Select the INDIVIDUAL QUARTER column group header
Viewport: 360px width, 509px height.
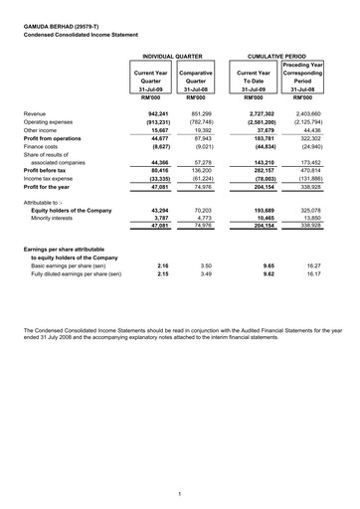tap(173, 58)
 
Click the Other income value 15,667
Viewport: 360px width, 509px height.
tap(156, 129)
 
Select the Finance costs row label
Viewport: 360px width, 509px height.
tap(45, 145)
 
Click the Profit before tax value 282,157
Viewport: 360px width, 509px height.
tap(257, 170)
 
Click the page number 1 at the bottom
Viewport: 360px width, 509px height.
tap(178, 493)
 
